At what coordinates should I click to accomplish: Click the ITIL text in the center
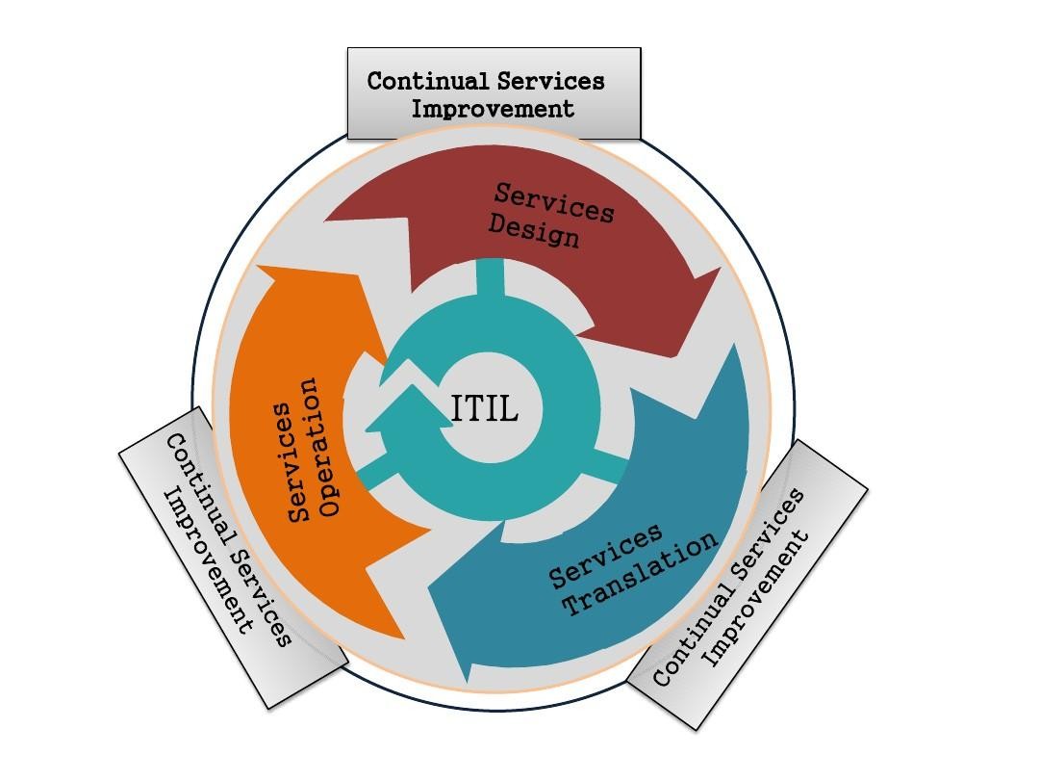click(485, 409)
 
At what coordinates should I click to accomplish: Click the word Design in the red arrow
click(534, 230)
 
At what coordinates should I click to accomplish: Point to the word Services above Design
click(554, 201)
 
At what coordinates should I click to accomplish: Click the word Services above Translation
click(606, 556)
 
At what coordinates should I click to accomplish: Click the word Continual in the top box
click(430, 81)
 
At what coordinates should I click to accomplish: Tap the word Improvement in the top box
click(493, 109)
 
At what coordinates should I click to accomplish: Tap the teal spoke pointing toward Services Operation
click(374, 470)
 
